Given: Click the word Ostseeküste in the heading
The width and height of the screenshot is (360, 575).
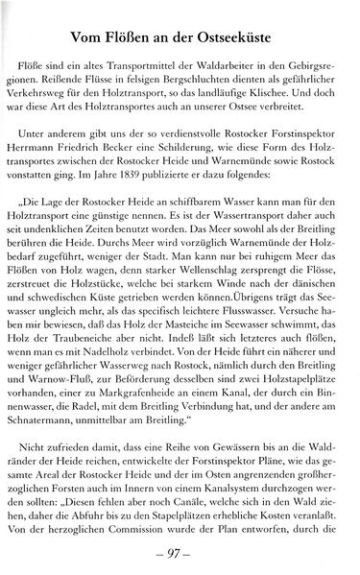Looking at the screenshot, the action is [243, 36].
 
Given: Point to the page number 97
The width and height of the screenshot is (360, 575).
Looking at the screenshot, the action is [180, 553].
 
